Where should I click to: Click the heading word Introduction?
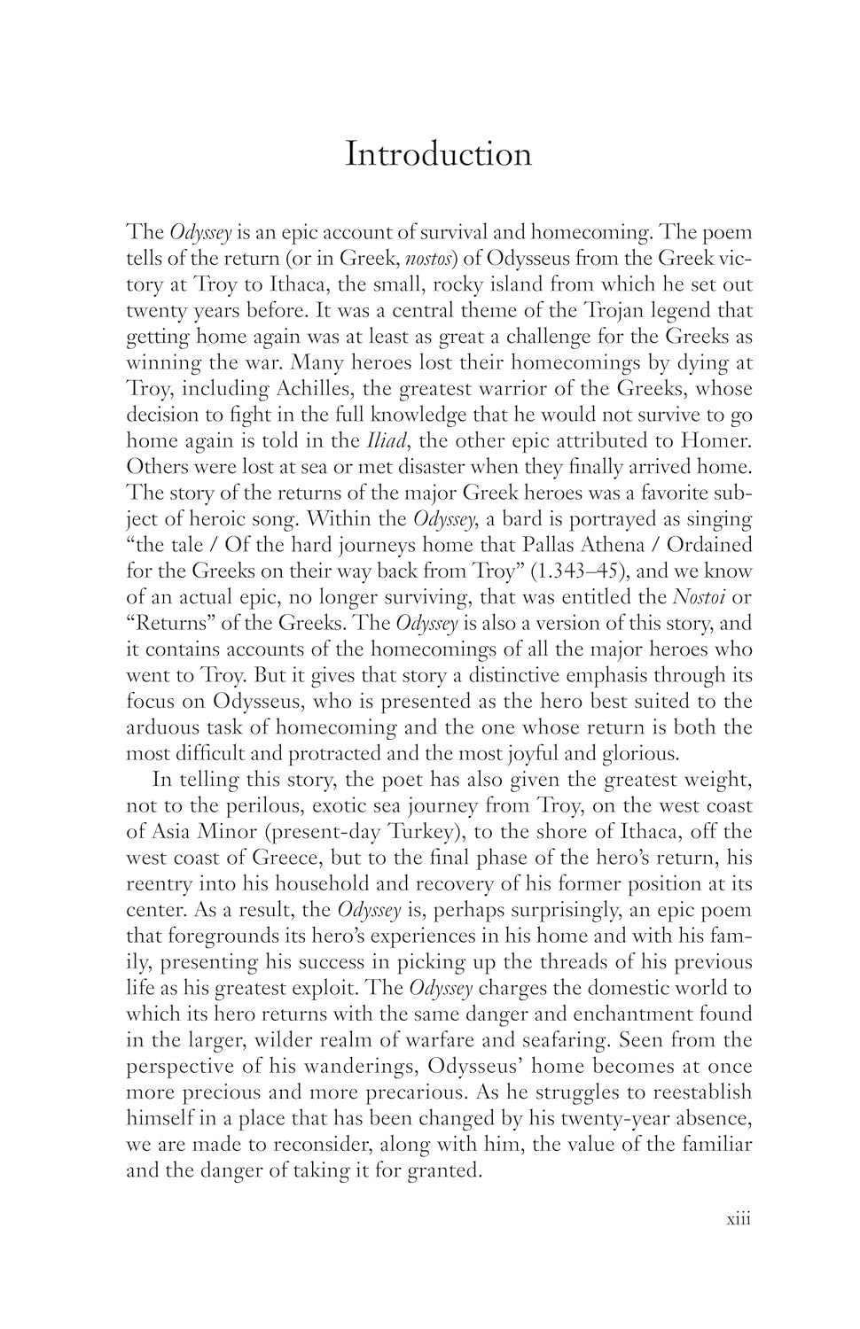pyautogui.click(x=438, y=153)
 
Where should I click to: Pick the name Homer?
pyautogui.click(x=715, y=440)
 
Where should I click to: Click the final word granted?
pyautogui.click(x=444, y=1170)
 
